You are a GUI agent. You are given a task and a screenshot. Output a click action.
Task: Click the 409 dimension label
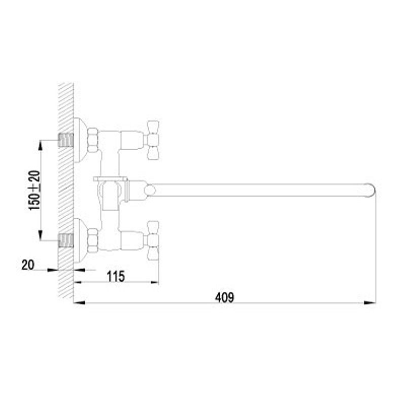[224, 297]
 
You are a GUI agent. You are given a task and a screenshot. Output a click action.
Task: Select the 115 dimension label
[116, 276]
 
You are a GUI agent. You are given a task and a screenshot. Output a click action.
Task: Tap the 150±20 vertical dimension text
[35, 190]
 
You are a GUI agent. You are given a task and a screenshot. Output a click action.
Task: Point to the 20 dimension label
[28, 265]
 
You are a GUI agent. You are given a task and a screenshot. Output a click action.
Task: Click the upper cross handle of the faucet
[153, 140]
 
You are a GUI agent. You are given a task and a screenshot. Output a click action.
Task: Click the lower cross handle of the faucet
[153, 241]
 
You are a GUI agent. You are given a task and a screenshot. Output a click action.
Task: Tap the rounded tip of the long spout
[371, 190]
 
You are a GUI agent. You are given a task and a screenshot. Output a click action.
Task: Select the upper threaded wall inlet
[66, 140]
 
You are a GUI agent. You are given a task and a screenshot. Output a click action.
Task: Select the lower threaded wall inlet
[66, 241]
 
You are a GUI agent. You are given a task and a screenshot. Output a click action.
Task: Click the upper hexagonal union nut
[93, 140]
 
